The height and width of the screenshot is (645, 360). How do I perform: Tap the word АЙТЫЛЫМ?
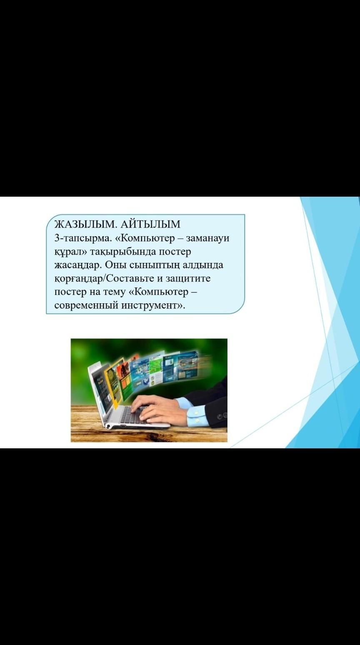pyautogui.click(x=150, y=224)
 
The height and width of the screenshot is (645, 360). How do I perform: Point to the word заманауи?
pyautogui.click(x=207, y=238)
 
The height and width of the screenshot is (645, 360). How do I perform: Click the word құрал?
pyautogui.click(x=69, y=252)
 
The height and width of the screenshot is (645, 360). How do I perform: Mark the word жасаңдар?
pyautogui.click(x=77, y=265)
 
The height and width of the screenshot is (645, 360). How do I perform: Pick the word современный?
pyautogui.click(x=86, y=305)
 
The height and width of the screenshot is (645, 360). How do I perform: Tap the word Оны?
pyautogui.click(x=115, y=265)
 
